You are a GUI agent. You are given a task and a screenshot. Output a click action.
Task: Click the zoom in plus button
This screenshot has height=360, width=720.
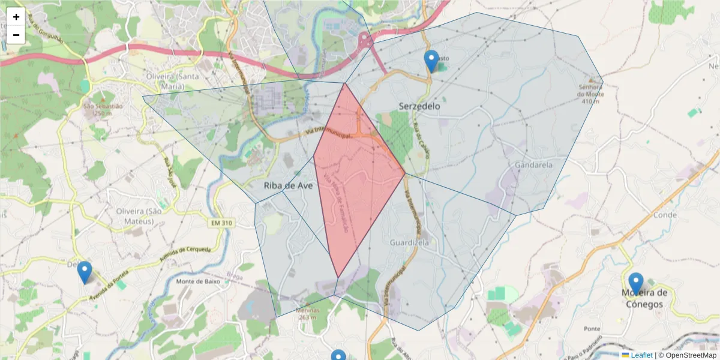pos(16,17)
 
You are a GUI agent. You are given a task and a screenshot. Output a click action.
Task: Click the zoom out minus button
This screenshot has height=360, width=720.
pos(16,35)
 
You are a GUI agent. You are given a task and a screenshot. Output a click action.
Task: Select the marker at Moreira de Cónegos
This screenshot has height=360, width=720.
pos(635,283)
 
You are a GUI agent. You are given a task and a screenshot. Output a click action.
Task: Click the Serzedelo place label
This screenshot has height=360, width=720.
pos(419,106)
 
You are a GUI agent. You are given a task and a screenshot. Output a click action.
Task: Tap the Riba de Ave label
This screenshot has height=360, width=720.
pos(288,186)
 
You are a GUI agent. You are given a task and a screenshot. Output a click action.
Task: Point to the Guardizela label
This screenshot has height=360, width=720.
pos(409,243)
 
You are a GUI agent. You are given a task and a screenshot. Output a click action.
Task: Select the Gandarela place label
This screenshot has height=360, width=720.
pos(533,164)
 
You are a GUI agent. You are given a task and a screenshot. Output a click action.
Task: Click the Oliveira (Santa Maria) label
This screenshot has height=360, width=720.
pos(173,81)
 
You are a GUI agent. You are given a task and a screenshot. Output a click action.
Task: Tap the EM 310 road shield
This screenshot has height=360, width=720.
pos(221,223)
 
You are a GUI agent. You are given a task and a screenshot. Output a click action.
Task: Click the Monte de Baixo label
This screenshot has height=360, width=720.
pos(199,281)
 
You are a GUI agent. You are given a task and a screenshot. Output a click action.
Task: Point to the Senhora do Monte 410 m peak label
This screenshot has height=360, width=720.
pos(590,93)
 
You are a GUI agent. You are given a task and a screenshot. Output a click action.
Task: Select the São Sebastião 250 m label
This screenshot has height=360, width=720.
pos(103,110)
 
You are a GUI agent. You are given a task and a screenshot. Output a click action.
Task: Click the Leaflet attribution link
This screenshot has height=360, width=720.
pos(641,355)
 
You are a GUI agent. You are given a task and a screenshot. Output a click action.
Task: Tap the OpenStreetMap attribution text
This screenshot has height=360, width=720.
pos(687,355)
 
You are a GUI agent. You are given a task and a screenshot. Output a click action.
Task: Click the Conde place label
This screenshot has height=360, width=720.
pos(665,215)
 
